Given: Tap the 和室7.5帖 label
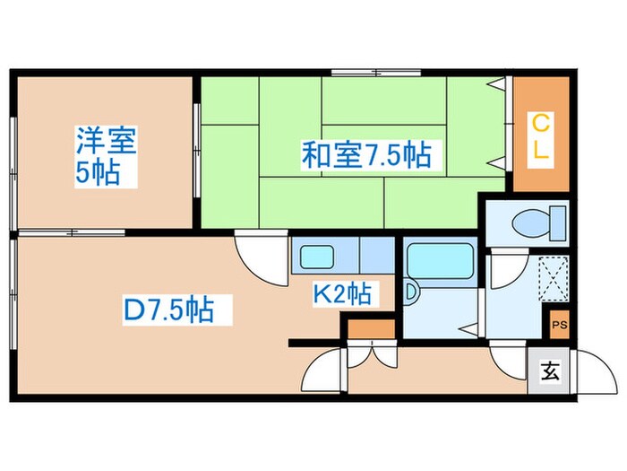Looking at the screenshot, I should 365,156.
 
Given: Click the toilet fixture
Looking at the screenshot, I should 537,221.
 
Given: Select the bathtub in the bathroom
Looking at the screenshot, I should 439,260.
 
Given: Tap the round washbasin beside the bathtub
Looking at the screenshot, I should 410,292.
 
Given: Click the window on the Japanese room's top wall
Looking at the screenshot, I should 363,72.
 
